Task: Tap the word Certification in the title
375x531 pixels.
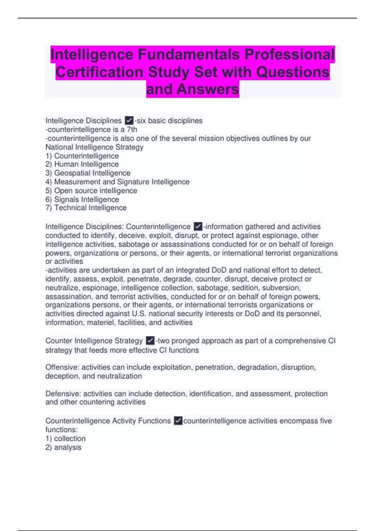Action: pos(99,72)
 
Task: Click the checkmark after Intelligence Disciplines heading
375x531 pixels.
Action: pos(129,121)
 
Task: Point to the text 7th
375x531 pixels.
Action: pos(132,129)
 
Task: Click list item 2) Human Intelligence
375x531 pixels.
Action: pos(82,164)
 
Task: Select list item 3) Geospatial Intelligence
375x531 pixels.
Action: pos(88,173)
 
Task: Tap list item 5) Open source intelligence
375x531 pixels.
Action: pos(91,191)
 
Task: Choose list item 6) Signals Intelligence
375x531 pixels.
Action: pos(82,199)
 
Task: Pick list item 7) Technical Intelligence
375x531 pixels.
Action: pos(86,208)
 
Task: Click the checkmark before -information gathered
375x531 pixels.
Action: pos(198,226)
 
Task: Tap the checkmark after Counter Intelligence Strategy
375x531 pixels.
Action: pos(150,341)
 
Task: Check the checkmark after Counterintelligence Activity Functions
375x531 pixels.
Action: pos(178,421)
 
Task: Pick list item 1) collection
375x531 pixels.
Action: pos(65,439)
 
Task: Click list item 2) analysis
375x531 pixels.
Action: pos(63,447)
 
